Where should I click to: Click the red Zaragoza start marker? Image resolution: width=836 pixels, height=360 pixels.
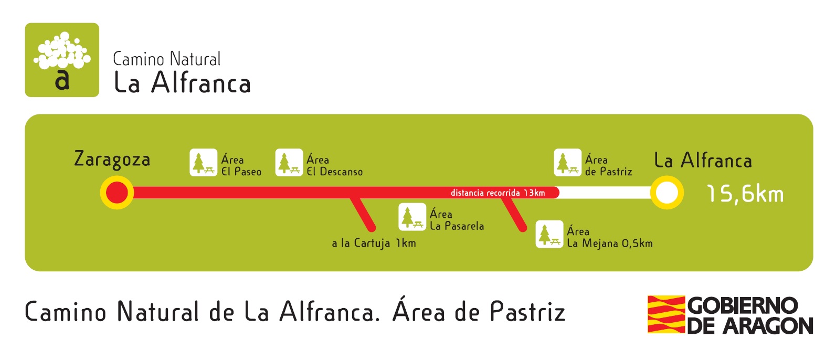pos(117,193)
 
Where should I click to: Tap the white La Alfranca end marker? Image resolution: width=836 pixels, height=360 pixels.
pos(666,193)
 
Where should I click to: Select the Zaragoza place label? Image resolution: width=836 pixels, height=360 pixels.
pos(112,159)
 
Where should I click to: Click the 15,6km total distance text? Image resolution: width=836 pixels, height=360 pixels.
pos(745,194)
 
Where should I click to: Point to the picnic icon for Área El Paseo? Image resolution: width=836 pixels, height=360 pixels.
pos(203,163)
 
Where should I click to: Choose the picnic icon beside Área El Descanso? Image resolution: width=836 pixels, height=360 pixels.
pos(289,163)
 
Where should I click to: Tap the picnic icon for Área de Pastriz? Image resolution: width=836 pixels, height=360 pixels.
pos(567,163)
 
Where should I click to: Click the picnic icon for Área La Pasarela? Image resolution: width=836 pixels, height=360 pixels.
pos(412,217)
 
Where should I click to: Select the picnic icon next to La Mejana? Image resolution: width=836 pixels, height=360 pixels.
pos(549,234)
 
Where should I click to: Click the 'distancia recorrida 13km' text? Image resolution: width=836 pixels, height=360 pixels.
pos(498,193)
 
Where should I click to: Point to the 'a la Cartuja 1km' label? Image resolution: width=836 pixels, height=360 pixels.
pos(374,243)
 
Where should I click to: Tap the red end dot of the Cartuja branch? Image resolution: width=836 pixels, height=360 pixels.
pos(372,228)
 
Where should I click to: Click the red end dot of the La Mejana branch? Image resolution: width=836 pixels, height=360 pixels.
pos(522,228)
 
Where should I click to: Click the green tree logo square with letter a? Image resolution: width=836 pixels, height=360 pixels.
pos(62,60)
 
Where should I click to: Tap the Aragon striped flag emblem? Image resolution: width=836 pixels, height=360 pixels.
pos(666,314)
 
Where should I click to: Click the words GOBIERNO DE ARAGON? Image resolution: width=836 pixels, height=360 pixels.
pos(750,315)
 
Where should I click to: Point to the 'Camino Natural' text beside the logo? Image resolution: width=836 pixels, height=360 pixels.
pos(167,59)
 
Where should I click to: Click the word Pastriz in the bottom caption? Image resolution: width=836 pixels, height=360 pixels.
pos(527,312)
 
